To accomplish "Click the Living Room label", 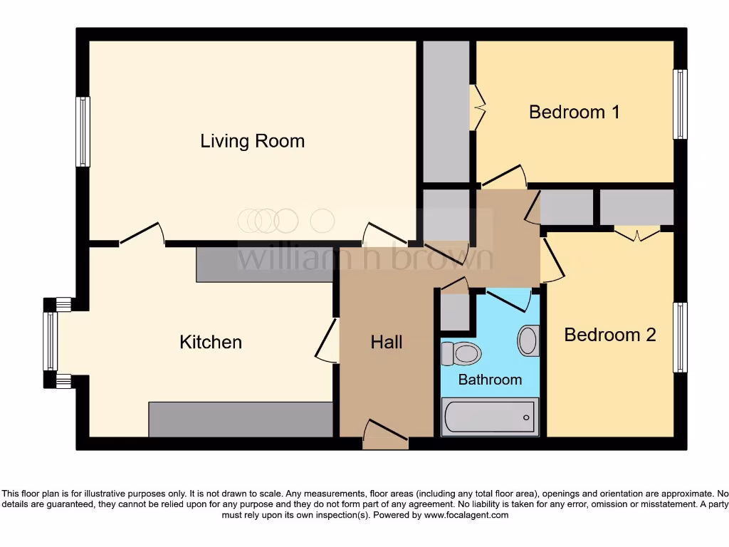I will (x=252, y=141).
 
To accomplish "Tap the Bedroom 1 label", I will (x=574, y=112).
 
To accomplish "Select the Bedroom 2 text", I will (x=609, y=335).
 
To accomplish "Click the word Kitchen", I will (x=211, y=342).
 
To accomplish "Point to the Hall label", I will (x=387, y=343).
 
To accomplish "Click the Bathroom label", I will (x=490, y=380).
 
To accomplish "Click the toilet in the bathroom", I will (x=461, y=353).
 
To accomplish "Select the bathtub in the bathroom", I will (x=489, y=416).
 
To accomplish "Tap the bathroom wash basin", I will (x=528, y=340).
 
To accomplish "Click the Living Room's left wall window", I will (x=83, y=132).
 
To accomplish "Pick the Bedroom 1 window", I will (x=681, y=104).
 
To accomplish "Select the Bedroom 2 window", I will (x=681, y=337).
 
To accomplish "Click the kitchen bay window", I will (x=50, y=342).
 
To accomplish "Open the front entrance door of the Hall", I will (x=385, y=434).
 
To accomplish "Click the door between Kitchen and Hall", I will (x=327, y=340).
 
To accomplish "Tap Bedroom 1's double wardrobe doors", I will (x=478, y=108).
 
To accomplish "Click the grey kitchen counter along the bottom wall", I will (x=241, y=420).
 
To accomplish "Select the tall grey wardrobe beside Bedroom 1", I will (x=446, y=112).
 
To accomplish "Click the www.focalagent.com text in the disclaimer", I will (x=466, y=515).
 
